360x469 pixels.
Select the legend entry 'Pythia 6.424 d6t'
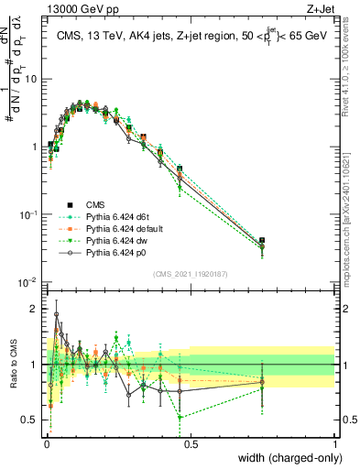point(118,216)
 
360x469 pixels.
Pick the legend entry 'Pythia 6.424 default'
point(125,228)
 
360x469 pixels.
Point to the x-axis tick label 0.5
point(190,442)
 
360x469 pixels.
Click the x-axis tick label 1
point(334,442)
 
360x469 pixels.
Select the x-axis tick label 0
point(46,442)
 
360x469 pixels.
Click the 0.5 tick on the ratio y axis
point(32,420)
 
